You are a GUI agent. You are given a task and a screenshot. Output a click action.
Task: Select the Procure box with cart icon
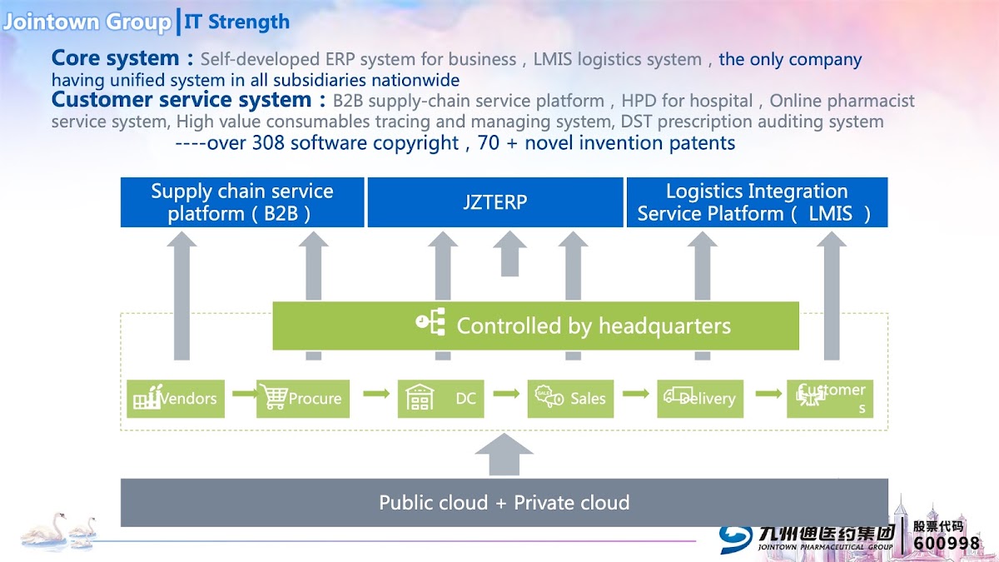click(303, 399)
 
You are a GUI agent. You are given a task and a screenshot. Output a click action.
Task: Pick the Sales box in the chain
click(569, 399)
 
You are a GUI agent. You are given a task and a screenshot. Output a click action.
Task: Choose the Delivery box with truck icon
click(700, 399)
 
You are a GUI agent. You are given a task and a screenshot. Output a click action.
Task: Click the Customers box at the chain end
click(830, 399)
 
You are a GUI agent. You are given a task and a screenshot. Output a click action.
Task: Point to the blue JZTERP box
click(495, 202)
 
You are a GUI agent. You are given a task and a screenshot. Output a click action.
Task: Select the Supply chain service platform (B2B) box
click(242, 202)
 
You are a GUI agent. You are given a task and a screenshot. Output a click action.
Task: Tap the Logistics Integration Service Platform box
click(757, 202)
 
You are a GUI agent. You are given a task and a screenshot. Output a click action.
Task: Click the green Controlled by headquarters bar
click(535, 326)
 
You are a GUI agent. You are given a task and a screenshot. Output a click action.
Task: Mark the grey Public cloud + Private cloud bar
click(504, 503)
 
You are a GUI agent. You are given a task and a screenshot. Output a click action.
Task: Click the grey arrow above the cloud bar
click(504, 455)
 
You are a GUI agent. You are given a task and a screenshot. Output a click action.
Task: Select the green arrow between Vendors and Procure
click(244, 392)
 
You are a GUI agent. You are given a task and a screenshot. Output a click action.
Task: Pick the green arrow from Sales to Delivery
click(635, 393)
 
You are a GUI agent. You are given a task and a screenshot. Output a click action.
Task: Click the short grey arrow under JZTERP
click(509, 253)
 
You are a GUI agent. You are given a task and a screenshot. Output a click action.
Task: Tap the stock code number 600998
click(947, 543)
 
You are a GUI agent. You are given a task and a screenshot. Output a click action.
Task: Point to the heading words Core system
click(115, 58)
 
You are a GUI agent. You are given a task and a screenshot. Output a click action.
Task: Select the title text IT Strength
click(237, 22)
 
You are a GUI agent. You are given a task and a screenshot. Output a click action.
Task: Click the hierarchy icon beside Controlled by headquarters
click(431, 323)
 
